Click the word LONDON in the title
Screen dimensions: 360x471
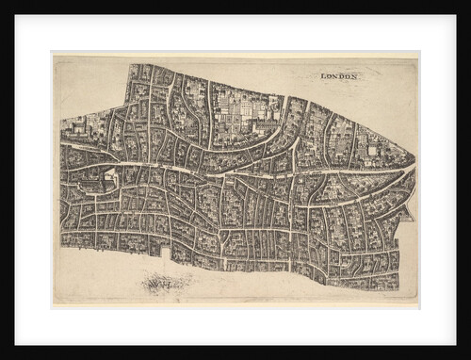pyautogui.click(x=340, y=75)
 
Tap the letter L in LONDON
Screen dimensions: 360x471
pyautogui.click(x=323, y=75)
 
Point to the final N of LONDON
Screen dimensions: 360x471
pyautogui.click(x=356, y=75)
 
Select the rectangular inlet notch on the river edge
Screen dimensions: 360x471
pyautogui.click(x=167, y=253)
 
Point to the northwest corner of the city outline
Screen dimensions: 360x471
pyautogui.click(x=129, y=65)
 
